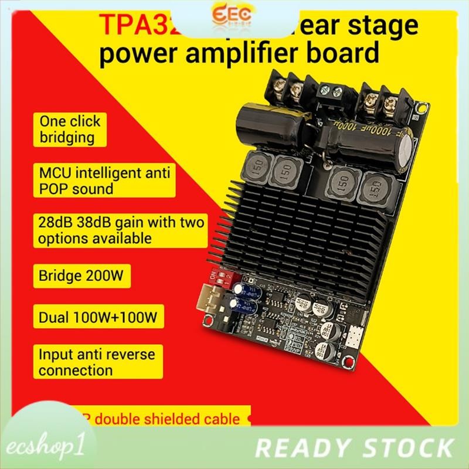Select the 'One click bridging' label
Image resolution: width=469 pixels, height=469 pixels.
pos(69,130)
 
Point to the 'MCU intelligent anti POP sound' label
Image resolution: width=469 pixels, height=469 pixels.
pos(91,181)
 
